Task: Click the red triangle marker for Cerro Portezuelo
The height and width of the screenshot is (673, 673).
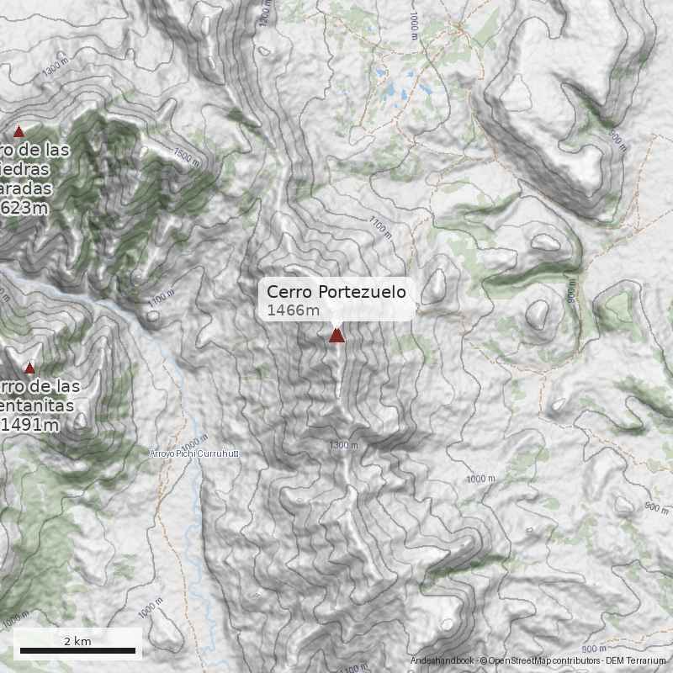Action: tap(336, 336)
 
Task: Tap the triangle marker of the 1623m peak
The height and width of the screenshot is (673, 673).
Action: tap(19, 131)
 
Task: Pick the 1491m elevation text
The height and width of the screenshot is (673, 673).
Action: tap(30, 425)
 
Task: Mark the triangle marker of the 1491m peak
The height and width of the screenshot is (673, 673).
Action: tap(29, 368)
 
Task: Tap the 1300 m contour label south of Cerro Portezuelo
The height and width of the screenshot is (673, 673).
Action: tap(343, 445)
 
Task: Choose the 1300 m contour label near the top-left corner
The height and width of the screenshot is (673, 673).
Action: tap(57, 66)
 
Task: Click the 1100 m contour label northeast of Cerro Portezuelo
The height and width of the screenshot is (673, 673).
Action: tap(380, 225)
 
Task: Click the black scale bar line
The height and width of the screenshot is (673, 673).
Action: tap(77, 650)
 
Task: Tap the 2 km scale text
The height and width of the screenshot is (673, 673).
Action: tap(77, 641)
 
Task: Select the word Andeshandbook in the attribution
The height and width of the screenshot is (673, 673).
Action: tap(442, 661)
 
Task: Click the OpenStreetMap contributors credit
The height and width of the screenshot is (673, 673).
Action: tap(538, 661)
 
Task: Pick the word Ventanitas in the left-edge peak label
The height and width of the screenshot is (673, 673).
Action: tap(37, 406)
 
